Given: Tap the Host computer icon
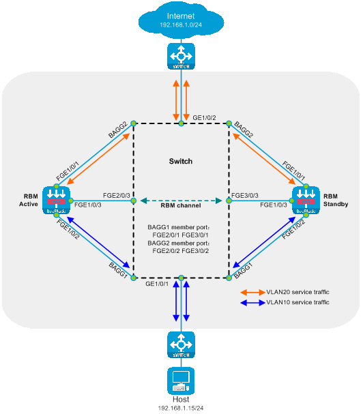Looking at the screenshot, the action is point(181,381).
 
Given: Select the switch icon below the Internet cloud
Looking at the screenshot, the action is point(181,56).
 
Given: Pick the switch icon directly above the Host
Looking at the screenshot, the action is point(181,345).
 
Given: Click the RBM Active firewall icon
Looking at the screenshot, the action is point(56,201).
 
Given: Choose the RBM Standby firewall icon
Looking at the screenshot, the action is point(306,201).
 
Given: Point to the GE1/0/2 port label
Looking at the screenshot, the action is point(204,118).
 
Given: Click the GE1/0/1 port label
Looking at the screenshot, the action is point(157,284).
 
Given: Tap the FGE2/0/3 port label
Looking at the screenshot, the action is point(117,195).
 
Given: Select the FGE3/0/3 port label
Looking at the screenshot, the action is point(245,195).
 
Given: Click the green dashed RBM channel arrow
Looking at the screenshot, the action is point(181,201).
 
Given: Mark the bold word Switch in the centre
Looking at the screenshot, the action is point(181,162).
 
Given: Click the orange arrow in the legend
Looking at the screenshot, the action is point(253,293).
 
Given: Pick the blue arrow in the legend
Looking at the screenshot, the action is point(253,303).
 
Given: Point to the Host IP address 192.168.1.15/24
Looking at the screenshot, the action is point(181,408).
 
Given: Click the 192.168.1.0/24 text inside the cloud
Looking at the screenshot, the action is point(181,25).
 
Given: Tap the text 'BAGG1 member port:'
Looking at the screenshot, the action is point(179,227).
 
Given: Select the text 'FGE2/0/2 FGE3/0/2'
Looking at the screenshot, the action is point(180,251).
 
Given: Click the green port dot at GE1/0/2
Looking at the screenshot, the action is point(181,123).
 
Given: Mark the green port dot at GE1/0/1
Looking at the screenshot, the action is point(181,278).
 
